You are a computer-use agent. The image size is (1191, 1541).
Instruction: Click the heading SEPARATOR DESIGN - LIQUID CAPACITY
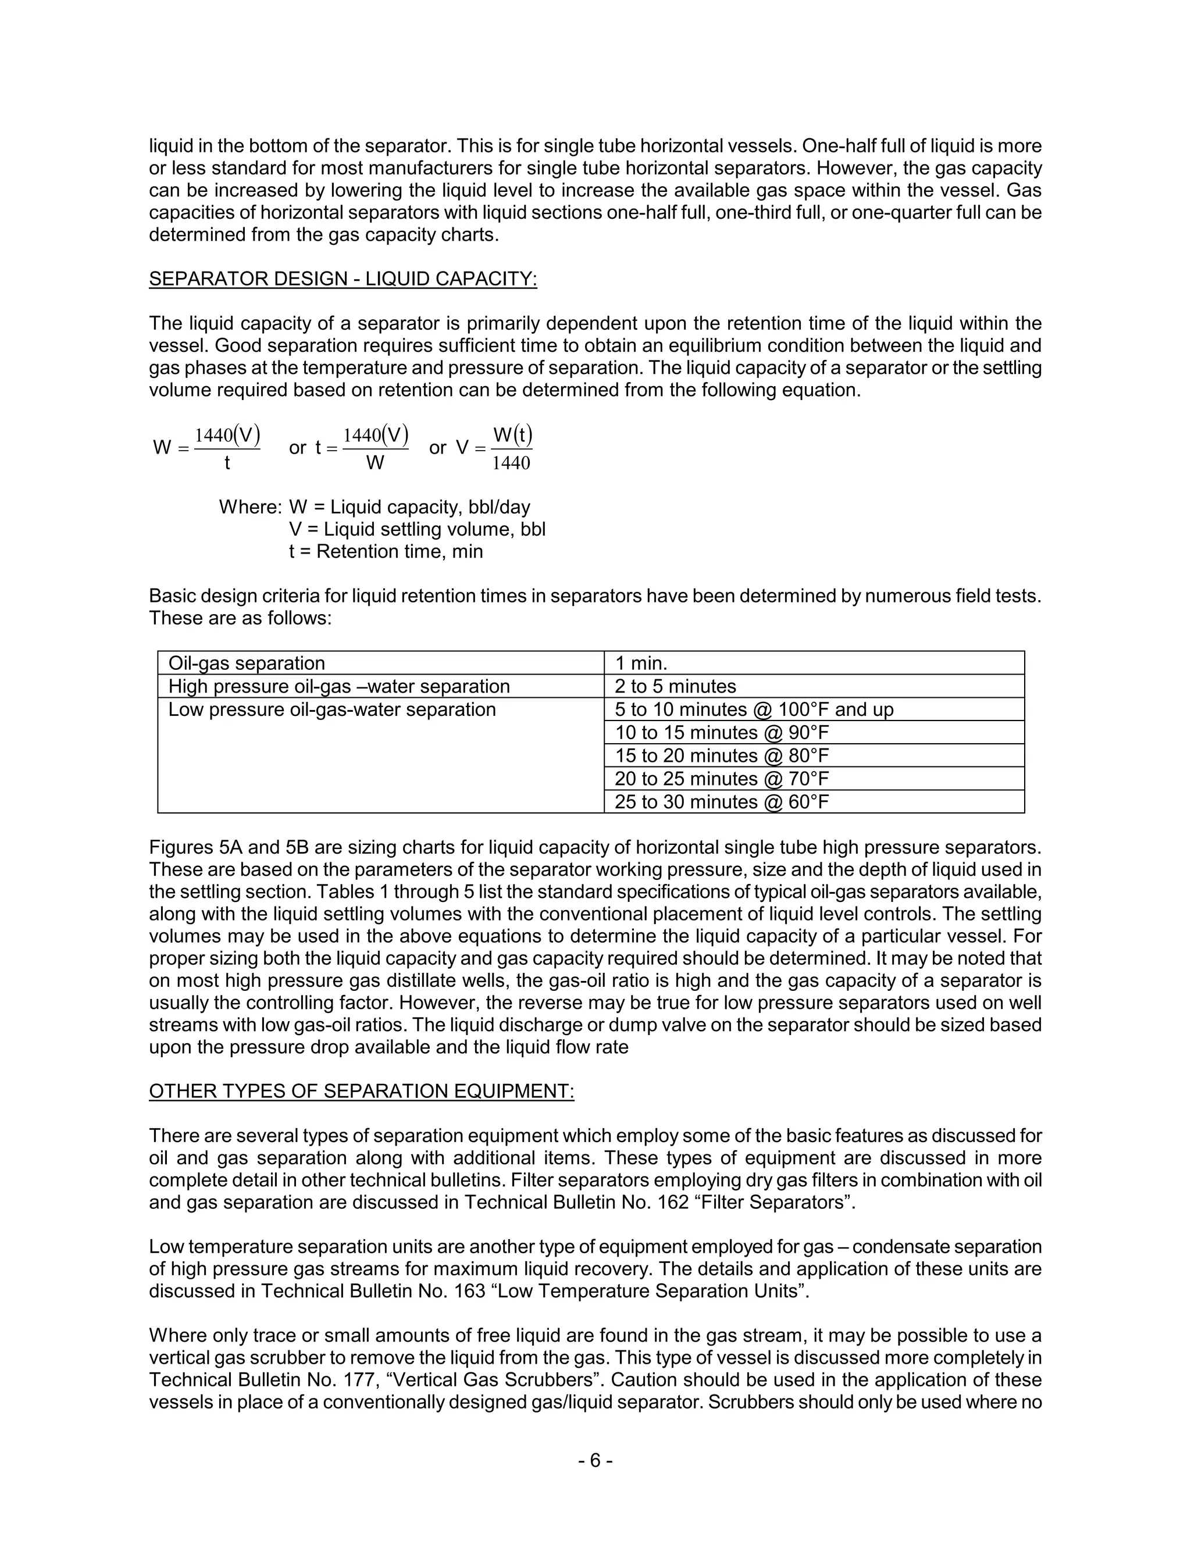coord(343,279)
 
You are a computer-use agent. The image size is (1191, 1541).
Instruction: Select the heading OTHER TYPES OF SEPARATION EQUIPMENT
coord(361,1091)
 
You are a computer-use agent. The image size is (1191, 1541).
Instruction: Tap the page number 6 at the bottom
coord(595,1461)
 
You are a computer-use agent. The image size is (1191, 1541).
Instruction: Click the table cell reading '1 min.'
coord(641,664)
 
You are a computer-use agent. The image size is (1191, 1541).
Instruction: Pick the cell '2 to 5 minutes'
coord(675,687)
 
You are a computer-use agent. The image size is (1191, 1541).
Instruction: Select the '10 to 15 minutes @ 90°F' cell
coord(722,732)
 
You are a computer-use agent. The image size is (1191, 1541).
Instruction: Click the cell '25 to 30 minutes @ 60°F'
coord(722,801)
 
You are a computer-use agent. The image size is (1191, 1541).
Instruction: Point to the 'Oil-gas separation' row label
coord(246,664)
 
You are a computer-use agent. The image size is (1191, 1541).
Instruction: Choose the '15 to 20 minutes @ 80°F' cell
coord(722,756)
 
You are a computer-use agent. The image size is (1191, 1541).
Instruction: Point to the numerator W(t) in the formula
coord(512,434)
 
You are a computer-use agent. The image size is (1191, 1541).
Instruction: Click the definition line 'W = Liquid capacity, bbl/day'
coord(409,507)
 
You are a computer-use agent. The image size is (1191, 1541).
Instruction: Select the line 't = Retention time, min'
coord(386,552)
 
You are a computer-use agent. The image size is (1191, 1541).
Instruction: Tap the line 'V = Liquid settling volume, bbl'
coord(417,529)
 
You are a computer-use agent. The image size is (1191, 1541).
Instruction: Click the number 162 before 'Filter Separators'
coord(673,1203)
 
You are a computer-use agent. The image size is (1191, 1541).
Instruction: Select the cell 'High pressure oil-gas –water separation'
coord(338,687)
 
